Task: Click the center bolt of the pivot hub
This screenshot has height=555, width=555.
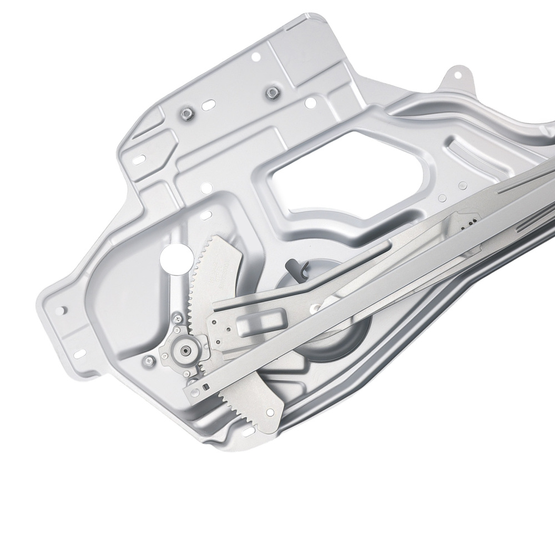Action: (x=183, y=351)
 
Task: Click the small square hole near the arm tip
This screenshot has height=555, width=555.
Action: (x=204, y=386)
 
